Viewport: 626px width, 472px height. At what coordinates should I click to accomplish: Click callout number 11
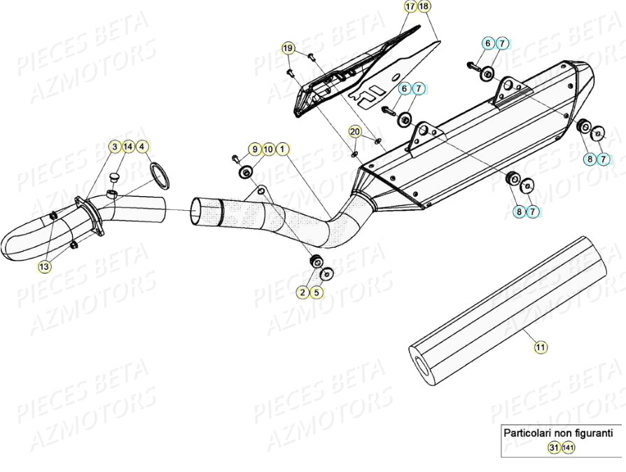click(x=540, y=346)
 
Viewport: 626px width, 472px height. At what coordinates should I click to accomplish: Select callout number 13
click(x=44, y=267)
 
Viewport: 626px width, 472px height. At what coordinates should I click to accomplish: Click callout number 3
click(x=114, y=146)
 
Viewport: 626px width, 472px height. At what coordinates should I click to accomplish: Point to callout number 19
click(x=288, y=48)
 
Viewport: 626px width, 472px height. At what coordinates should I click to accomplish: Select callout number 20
click(x=355, y=132)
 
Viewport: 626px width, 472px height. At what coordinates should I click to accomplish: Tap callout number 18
click(x=425, y=6)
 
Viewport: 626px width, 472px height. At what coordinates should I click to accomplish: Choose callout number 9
click(x=254, y=148)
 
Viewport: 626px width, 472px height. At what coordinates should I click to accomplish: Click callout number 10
click(x=268, y=148)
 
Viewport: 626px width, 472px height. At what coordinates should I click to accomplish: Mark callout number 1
click(x=281, y=148)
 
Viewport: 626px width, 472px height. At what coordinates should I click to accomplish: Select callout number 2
click(x=302, y=292)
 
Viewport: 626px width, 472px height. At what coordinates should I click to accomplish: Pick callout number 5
click(x=317, y=292)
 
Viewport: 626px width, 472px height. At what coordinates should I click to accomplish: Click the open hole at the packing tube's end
click(x=421, y=363)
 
